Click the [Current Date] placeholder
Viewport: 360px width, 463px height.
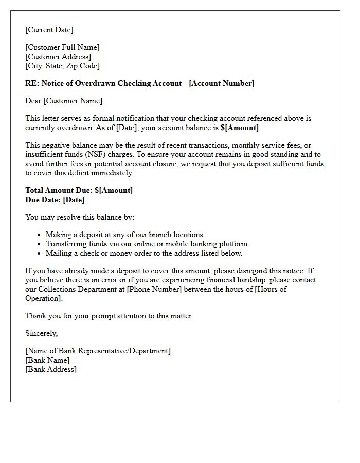(x=49, y=30)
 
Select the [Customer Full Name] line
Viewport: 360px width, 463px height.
(x=62, y=47)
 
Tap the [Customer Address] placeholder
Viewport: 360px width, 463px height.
(x=58, y=57)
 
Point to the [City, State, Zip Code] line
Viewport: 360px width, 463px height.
(x=62, y=66)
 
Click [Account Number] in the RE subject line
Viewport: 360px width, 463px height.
(x=222, y=83)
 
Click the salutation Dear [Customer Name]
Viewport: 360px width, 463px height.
(x=65, y=101)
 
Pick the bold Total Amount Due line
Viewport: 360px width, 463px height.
(x=79, y=190)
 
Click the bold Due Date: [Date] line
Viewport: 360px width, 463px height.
(x=55, y=200)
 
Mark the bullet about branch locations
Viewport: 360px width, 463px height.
(x=125, y=235)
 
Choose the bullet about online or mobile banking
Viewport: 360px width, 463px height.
(x=147, y=244)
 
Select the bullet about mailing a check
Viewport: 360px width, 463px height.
(x=143, y=253)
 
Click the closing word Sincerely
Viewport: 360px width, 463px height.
(x=42, y=333)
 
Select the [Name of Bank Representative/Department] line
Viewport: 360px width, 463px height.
(x=98, y=351)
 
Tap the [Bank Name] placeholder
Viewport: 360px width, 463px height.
(x=47, y=360)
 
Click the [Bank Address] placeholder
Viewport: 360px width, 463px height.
(x=51, y=369)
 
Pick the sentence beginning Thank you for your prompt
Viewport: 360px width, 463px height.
(x=109, y=316)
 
